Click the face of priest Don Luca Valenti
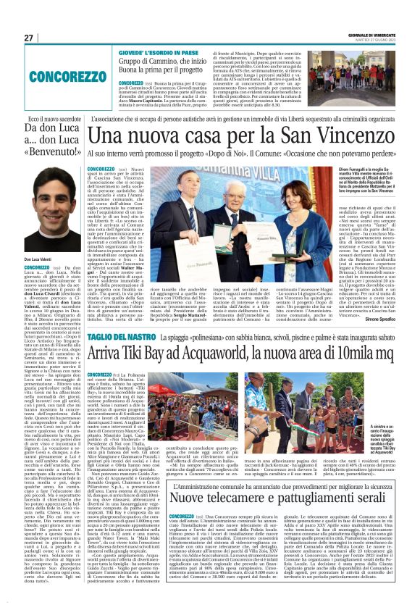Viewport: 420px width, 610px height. click(49, 215)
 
